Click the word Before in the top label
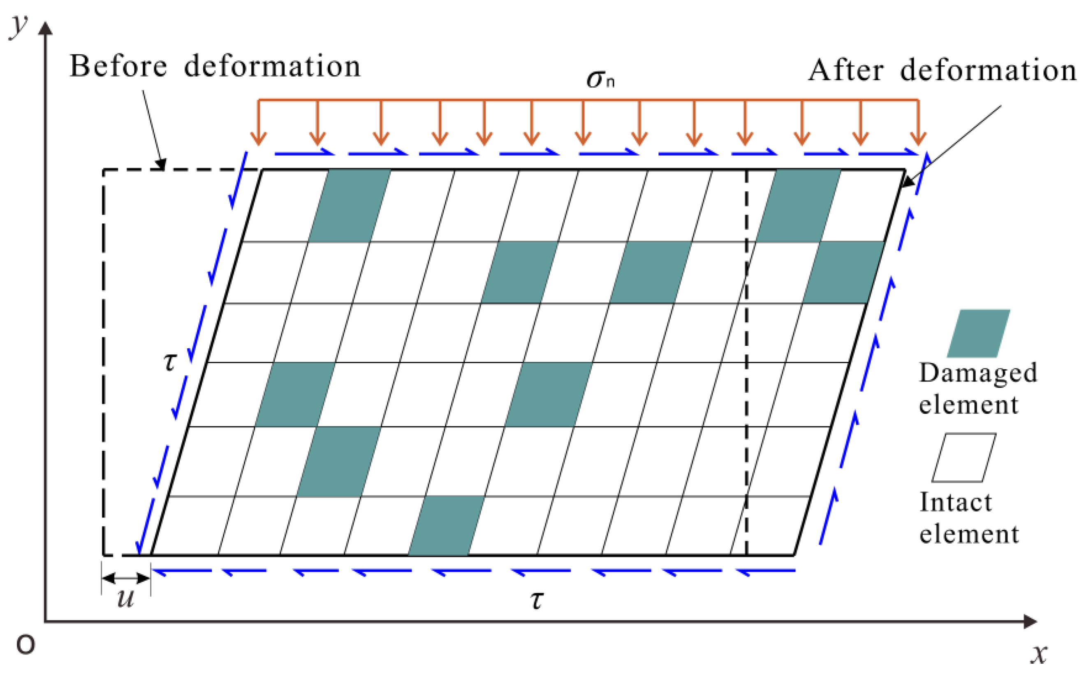coord(118,66)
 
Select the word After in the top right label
coord(845,71)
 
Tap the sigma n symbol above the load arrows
coord(600,79)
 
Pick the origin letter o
coord(25,644)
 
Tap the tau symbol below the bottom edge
coord(537,600)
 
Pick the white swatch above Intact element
coord(964,458)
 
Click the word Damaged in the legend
coord(978,373)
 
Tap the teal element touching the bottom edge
coord(446,526)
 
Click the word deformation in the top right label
coord(988,71)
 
